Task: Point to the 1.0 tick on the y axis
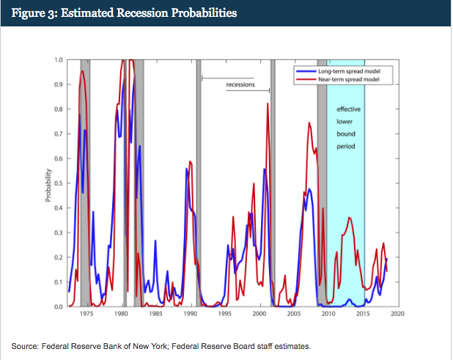coord(58,59)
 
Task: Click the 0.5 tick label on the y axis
coord(58,183)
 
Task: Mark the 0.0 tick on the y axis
coord(58,306)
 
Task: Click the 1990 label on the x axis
coord(190,314)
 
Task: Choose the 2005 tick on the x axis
coord(294,314)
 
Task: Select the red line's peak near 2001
coord(268,104)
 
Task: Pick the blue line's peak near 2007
coord(309,189)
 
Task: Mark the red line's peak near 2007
coord(309,122)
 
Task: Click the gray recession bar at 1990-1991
coord(199,183)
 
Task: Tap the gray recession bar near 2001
coord(273,183)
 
